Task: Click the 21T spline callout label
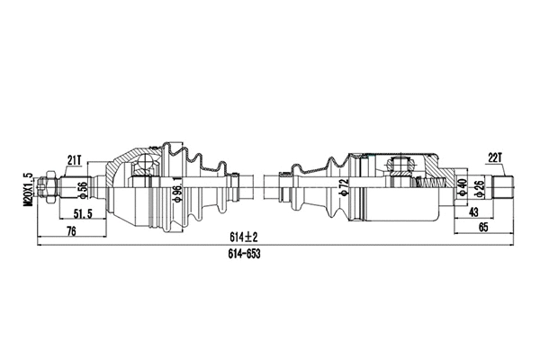click(75, 160)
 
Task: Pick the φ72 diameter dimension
click(343, 189)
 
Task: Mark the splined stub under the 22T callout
click(503, 188)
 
